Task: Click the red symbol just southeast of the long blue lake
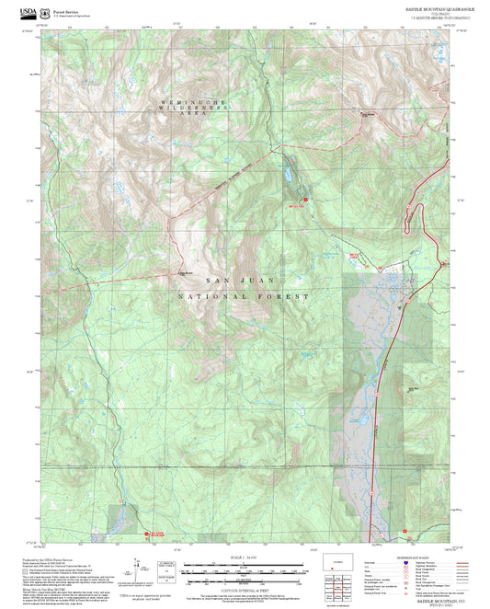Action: [306, 193]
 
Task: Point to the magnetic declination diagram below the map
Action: [138, 568]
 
